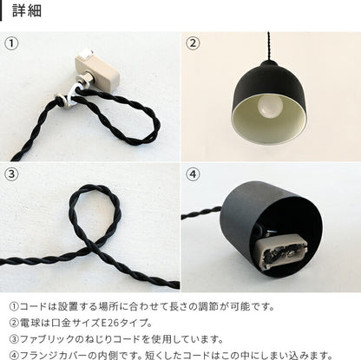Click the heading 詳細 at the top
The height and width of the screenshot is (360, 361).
[x=27, y=10]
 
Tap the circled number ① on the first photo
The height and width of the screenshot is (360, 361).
[x=11, y=43]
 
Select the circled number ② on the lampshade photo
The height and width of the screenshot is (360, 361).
[x=193, y=43]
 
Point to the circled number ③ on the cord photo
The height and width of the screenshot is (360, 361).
[x=11, y=174]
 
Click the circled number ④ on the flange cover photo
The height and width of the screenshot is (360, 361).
[x=193, y=174]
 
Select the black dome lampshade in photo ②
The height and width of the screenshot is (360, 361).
[x=269, y=101]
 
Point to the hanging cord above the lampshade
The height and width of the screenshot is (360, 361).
[x=269, y=46]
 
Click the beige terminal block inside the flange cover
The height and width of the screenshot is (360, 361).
[x=279, y=252]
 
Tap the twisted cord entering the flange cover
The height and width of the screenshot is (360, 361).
[x=201, y=213]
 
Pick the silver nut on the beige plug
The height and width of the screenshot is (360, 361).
[x=85, y=80]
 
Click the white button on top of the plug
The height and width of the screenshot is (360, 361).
[x=87, y=54]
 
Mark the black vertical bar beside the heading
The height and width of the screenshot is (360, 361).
[x=1, y=10]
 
